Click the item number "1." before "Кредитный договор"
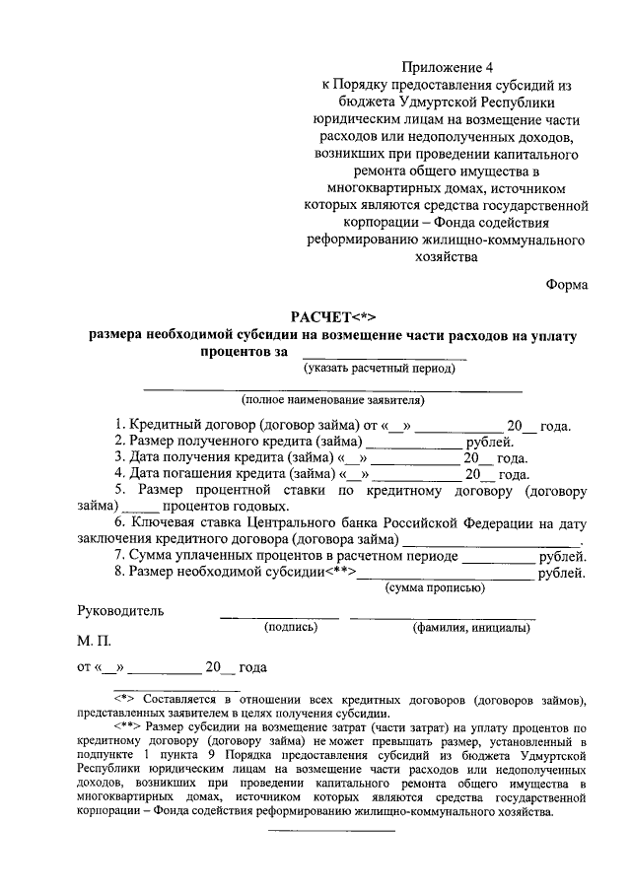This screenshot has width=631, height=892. coord(120,426)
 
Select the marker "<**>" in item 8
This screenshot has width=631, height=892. coord(341,573)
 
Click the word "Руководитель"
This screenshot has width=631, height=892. coord(120,610)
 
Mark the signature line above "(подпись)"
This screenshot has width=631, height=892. coord(279,617)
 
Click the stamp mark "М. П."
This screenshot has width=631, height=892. coord(96,641)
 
